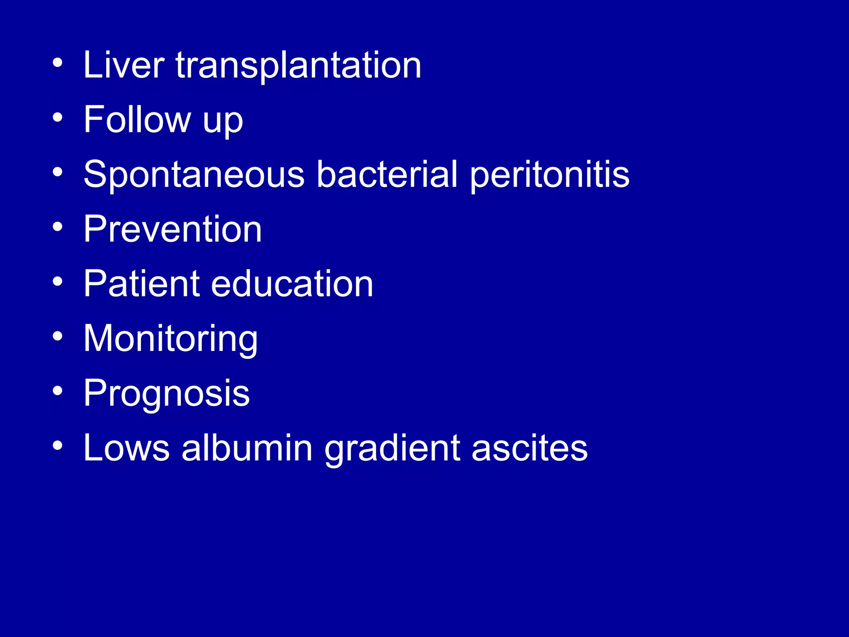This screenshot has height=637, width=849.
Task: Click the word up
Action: point(223,123)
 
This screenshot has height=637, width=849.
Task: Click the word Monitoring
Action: point(170,340)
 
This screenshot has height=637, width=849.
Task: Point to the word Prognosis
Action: point(167,395)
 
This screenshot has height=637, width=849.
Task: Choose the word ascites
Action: point(529,449)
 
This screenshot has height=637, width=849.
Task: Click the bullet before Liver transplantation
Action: point(58,63)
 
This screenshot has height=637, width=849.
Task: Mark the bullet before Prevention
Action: point(58,227)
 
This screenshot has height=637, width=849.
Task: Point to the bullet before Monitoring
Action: point(58,337)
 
